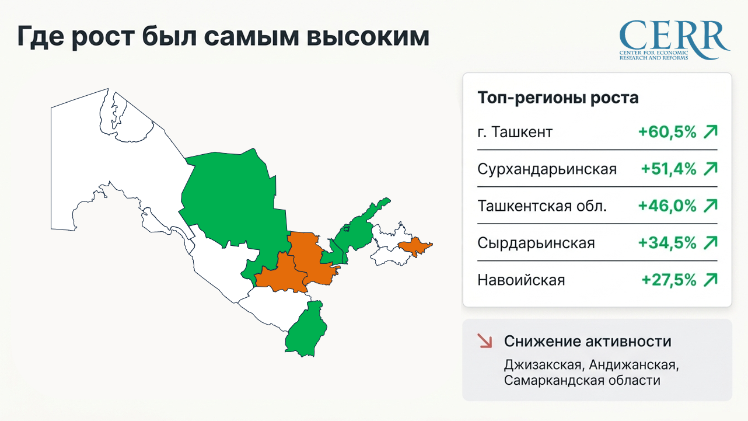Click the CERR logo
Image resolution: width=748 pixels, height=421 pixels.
click(674, 40)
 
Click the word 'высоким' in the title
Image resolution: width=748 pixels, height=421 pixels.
click(368, 36)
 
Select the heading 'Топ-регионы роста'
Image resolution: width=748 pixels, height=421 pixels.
click(558, 98)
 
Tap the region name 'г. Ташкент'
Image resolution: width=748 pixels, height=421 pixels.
click(515, 132)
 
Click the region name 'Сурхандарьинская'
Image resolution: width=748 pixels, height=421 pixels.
click(547, 169)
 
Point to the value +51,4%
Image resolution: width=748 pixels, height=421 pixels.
click(669, 169)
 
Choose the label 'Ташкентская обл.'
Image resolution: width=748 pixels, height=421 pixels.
click(542, 206)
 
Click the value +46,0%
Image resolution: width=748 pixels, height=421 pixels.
click(667, 206)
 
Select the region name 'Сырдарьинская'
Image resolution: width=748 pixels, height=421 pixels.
click(536, 243)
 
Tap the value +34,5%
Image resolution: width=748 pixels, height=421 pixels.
click(667, 243)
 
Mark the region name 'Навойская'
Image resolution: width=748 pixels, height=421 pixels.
click(521, 280)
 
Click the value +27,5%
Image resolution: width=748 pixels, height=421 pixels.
click(669, 280)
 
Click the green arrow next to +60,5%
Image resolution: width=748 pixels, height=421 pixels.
click(710, 131)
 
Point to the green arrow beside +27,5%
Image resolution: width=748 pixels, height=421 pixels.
click(710, 280)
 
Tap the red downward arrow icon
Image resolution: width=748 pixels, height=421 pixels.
click(485, 341)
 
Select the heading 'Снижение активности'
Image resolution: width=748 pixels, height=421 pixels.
click(588, 341)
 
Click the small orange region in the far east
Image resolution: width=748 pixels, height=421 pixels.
click(415, 246)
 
